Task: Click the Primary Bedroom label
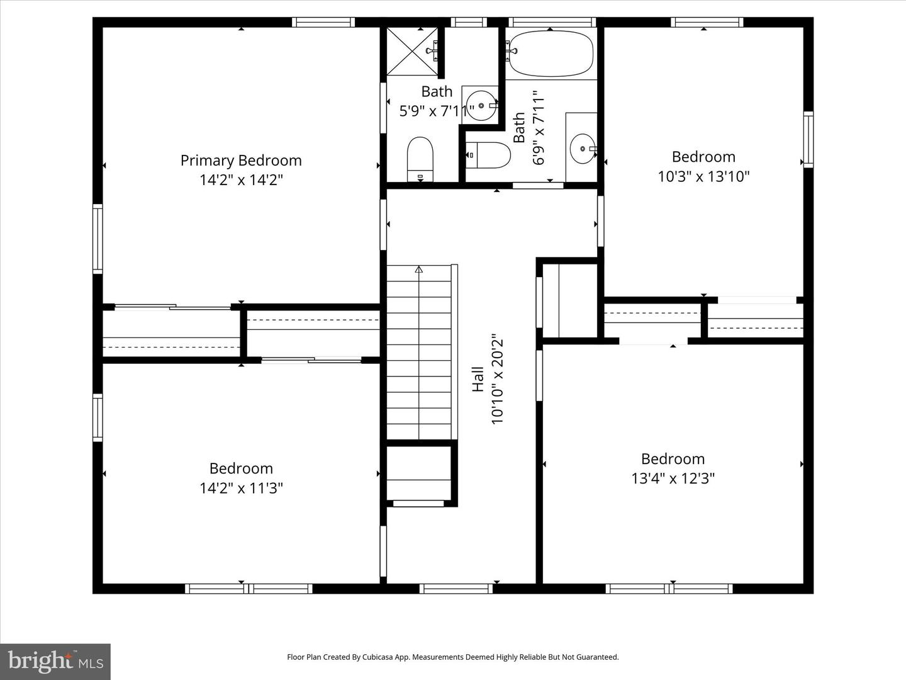tap(241, 161)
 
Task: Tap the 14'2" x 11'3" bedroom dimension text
tap(241, 488)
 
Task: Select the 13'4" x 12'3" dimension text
tap(673, 479)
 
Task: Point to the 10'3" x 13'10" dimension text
tap(703, 176)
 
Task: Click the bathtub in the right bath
tap(551, 54)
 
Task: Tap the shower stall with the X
tap(412, 50)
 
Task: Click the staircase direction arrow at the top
tap(419, 269)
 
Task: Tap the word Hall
tap(478, 379)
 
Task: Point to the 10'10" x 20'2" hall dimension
tap(498, 379)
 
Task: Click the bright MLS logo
tap(55, 661)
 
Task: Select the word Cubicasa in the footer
tap(378, 657)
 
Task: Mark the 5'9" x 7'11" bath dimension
tap(437, 111)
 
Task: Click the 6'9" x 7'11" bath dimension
tap(539, 128)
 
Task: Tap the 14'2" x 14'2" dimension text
tap(241, 180)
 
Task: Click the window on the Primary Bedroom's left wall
tap(98, 239)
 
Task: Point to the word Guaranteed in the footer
tap(596, 657)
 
